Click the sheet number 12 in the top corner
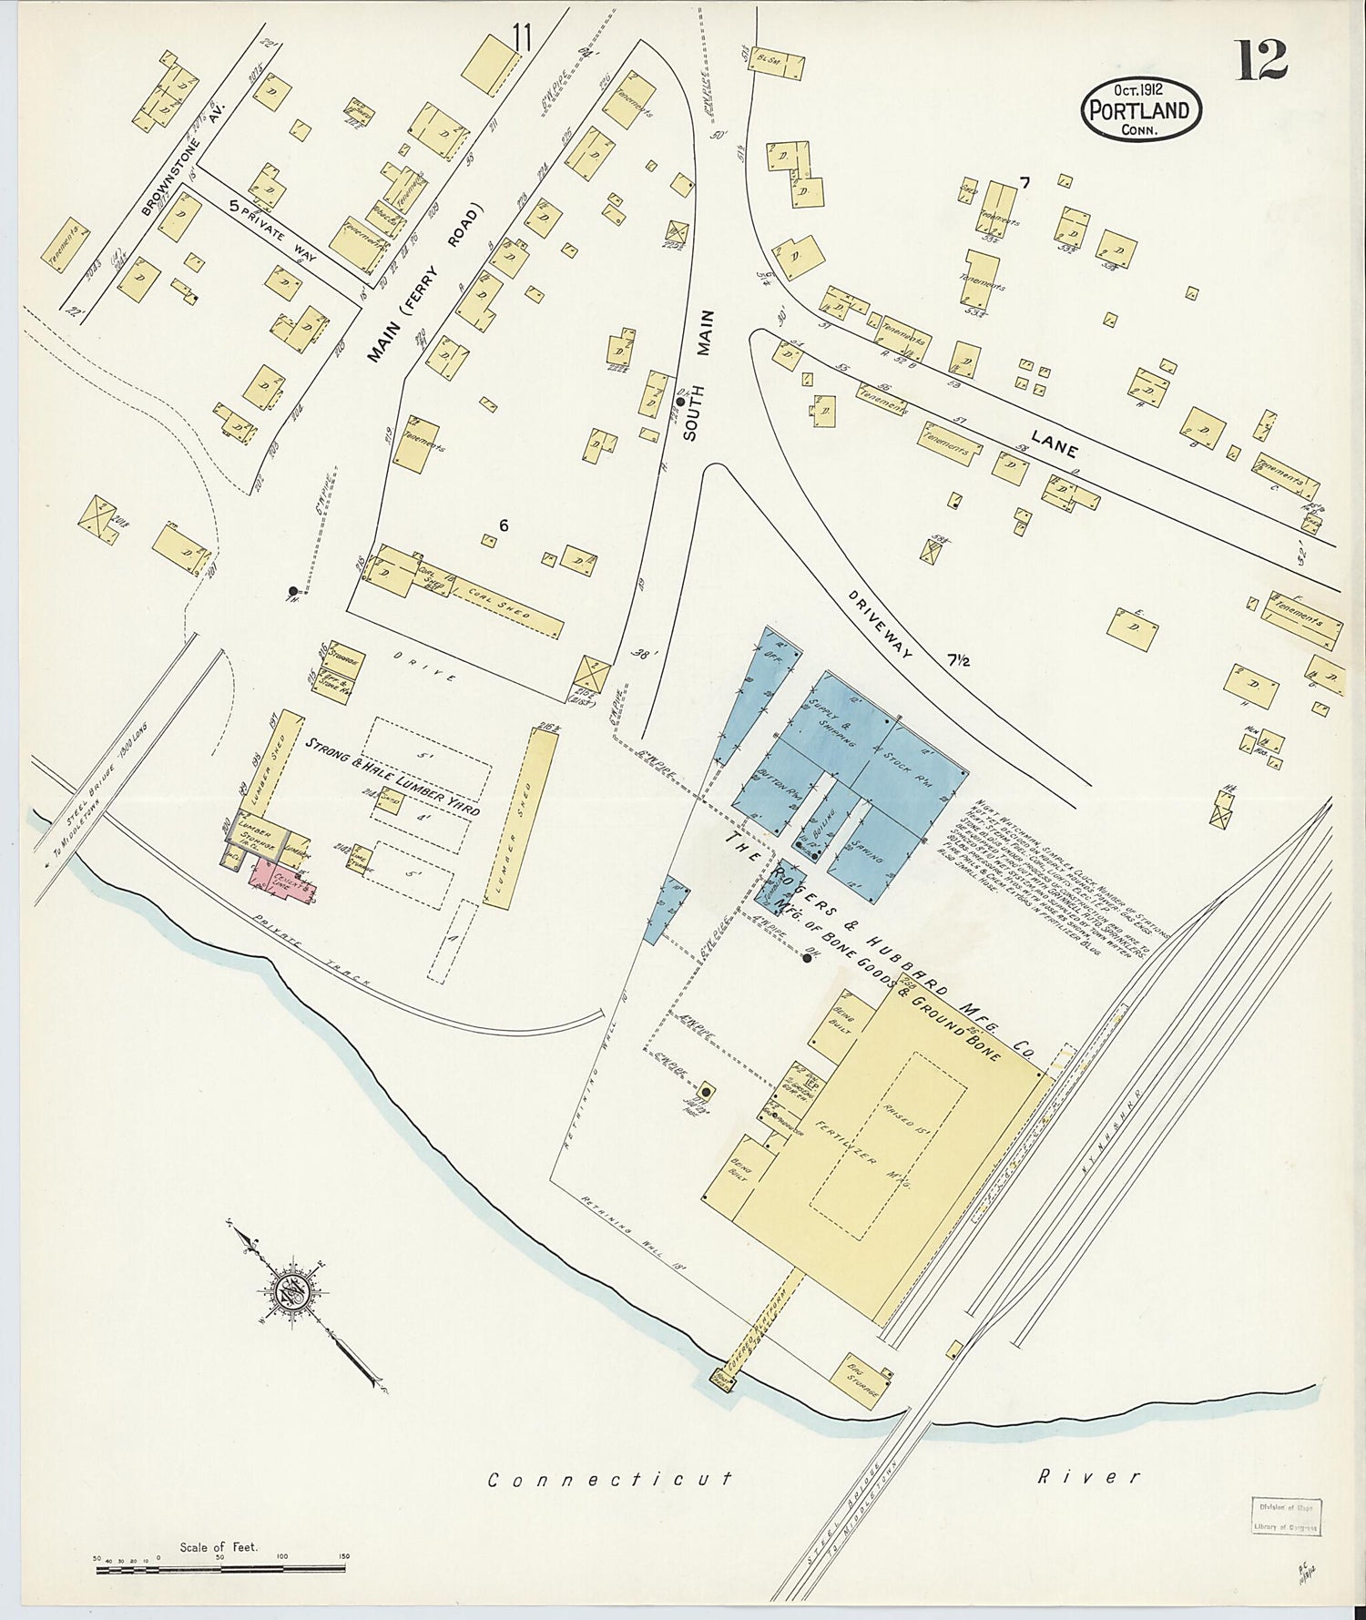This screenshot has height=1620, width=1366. [1261, 60]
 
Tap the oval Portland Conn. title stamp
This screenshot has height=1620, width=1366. [1141, 109]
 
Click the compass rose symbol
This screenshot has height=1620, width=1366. [293, 1290]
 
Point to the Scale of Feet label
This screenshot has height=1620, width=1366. [219, 1546]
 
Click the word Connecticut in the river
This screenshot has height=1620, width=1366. [609, 1480]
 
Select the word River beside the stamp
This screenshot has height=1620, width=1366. [1088, 1476]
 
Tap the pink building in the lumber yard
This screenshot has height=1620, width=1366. [282, 880]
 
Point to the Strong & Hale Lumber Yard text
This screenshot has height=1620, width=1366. [392, 778]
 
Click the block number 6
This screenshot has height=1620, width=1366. [503, 525]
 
